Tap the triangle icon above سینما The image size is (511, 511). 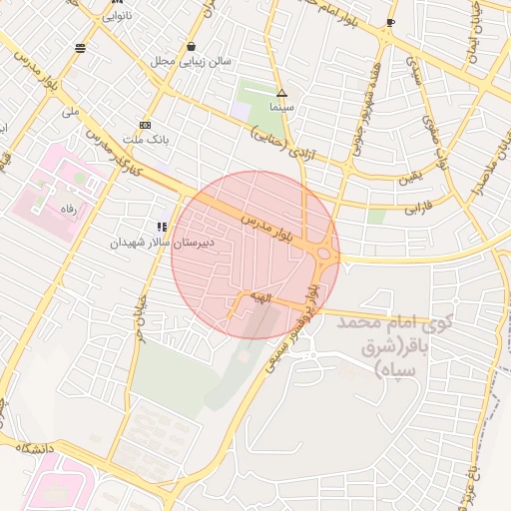click(281, 92)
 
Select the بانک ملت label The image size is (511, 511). click(146, 138)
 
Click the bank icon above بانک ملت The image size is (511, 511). click(146, 124)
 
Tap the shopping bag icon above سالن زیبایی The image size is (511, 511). click(191, 46)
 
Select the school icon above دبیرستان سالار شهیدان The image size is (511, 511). click(162, 228)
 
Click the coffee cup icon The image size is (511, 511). click(390, 21)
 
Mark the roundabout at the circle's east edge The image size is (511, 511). click(325, 255)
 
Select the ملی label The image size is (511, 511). click(70, 113)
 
